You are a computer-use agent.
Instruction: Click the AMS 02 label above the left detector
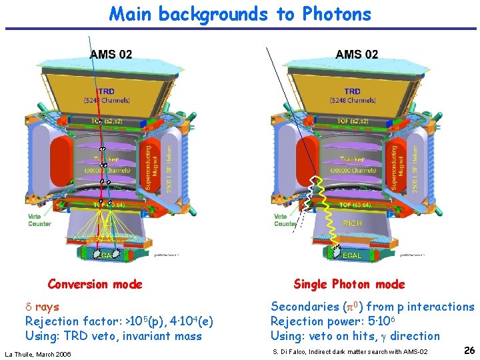(111, 54)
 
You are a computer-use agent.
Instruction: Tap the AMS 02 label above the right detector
(357, 54)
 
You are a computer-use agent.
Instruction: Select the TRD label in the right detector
(353, 91)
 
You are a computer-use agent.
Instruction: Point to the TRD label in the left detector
(106, 91)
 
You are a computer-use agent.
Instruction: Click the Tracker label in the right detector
(352, 159)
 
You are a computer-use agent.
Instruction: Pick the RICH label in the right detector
(353, 223)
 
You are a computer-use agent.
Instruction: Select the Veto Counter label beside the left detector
(39, 220)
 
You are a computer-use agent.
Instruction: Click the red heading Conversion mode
(95, 285)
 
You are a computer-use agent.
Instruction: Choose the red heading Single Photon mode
(349, 285)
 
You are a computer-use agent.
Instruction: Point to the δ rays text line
(43, 307)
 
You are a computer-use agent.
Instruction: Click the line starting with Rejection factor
(119, 321)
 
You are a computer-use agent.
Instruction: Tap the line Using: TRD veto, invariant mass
(113, 336)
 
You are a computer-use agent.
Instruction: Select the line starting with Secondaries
(372, 307)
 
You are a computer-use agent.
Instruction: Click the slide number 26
(469, 350)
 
